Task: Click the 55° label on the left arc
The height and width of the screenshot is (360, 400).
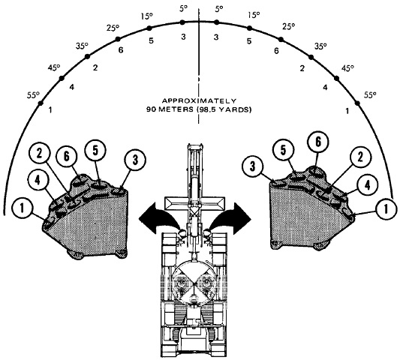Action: pos(34,95)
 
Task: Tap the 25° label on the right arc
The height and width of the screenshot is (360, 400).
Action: pos(289,26)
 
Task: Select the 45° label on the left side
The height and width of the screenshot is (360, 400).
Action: pos(54,67)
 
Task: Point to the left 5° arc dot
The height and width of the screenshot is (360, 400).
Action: pos(182,22)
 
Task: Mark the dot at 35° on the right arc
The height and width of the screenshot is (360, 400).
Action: pos(311,57)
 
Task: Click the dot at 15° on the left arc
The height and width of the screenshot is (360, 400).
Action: pos(149,28)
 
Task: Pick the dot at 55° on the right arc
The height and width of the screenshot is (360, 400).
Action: pos(357,103)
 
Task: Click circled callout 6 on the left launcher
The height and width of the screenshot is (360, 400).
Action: pos(66,156)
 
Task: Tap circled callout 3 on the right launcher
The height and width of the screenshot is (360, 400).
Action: pos(253,166)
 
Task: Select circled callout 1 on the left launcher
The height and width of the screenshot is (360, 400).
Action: pos(23,208)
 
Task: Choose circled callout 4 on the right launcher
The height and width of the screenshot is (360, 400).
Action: pos(367,185)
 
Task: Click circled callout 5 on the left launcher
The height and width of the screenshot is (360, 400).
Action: pos(95,151)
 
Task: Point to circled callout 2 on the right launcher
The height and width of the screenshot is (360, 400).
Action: pos(360,157)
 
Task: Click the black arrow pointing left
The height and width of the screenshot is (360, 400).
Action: pos(158,217)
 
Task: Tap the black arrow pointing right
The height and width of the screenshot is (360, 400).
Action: pos(231,217)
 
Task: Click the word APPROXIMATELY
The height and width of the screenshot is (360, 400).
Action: pos(199,101)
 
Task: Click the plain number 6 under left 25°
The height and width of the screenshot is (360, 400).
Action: pos(121,50)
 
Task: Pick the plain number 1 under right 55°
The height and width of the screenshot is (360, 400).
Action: pos(347,111)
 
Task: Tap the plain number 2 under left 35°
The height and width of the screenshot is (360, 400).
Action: pos(95,67)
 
